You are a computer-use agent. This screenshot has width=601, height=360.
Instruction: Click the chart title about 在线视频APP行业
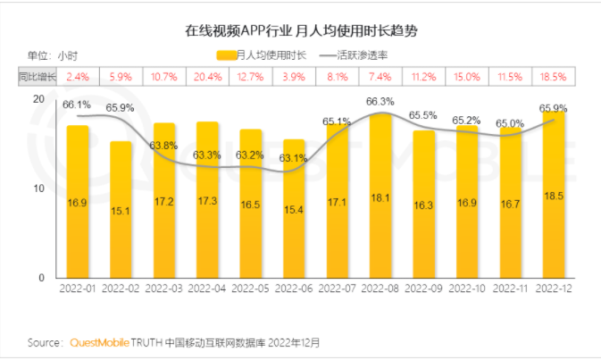[301, 31]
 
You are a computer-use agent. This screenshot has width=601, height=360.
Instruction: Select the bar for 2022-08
[380, 197]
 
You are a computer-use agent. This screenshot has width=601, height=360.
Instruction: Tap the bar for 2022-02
[121, 210]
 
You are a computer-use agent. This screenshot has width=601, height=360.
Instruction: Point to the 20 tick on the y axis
[38, 99]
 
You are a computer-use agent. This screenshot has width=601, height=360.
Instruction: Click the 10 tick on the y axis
[38, 188]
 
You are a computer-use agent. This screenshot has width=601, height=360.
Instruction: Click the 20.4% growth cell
[207, 78]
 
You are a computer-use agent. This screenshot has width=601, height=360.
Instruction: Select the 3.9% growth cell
[294, 78]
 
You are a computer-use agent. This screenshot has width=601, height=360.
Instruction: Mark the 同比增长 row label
[38, 78]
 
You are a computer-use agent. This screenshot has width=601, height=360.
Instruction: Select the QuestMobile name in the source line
[99, 342]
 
